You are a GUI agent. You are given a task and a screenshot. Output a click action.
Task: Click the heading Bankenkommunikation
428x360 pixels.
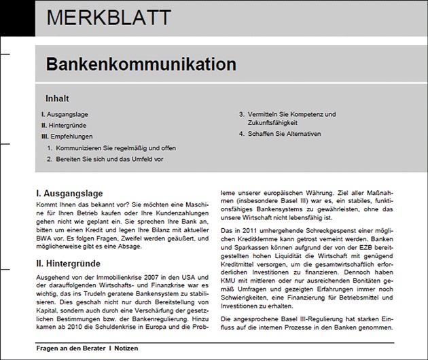tap(141, 65)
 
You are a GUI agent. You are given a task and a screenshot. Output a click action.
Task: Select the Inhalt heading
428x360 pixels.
tap(57, 97)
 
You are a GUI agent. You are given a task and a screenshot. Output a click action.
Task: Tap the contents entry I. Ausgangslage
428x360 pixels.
tap(65, 114)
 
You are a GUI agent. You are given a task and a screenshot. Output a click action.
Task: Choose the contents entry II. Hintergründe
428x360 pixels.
tap(65, 125)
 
